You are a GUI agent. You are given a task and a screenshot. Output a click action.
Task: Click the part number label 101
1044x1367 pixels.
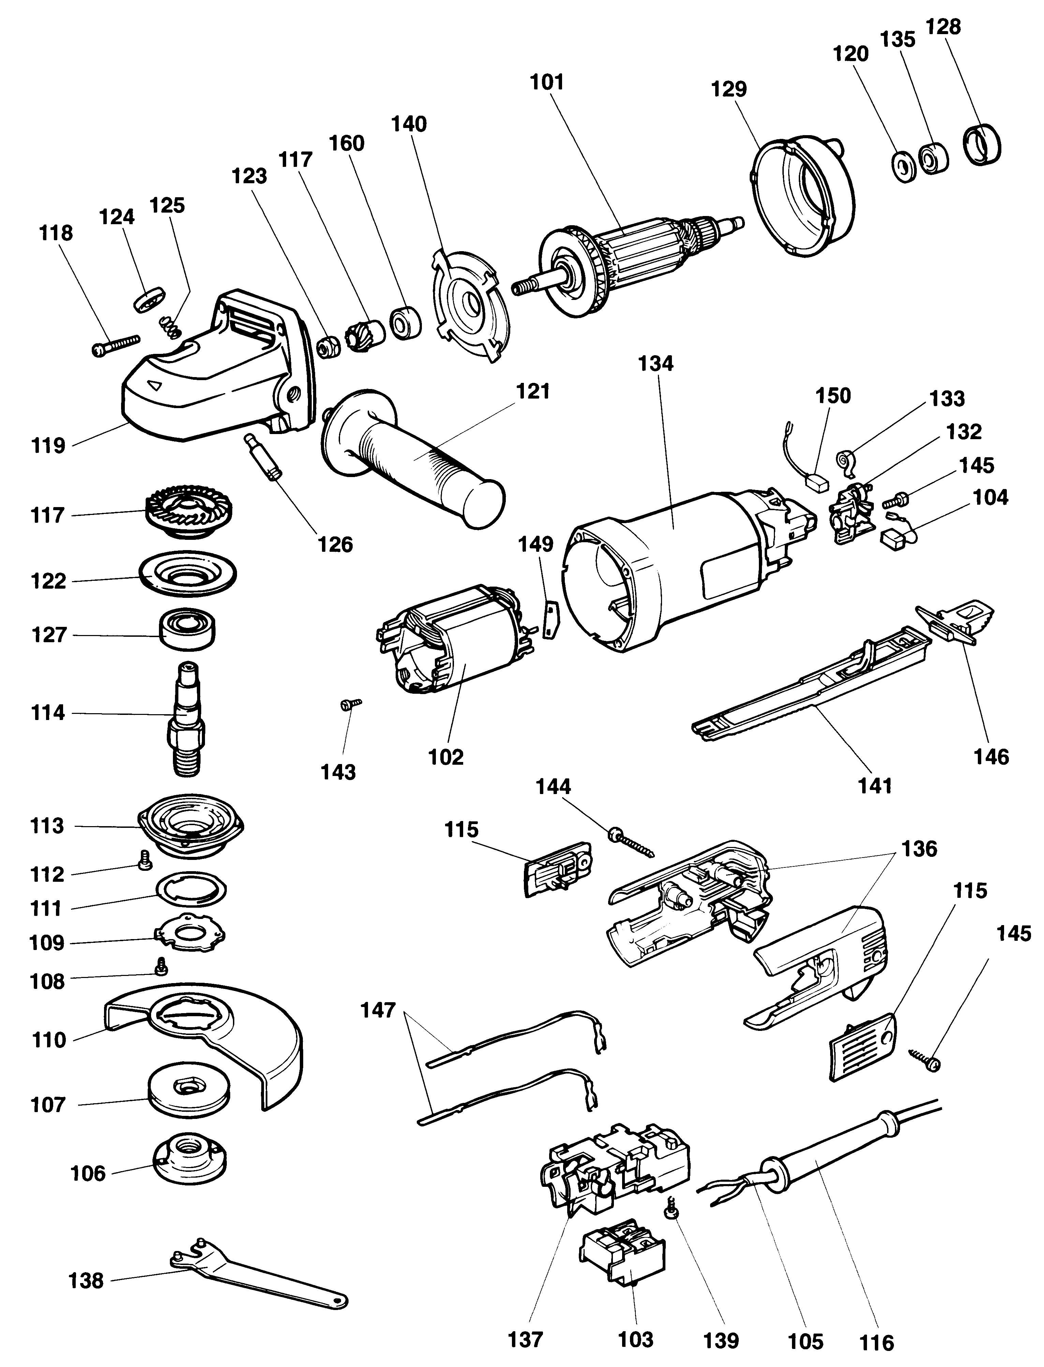(x=547, y=82)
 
